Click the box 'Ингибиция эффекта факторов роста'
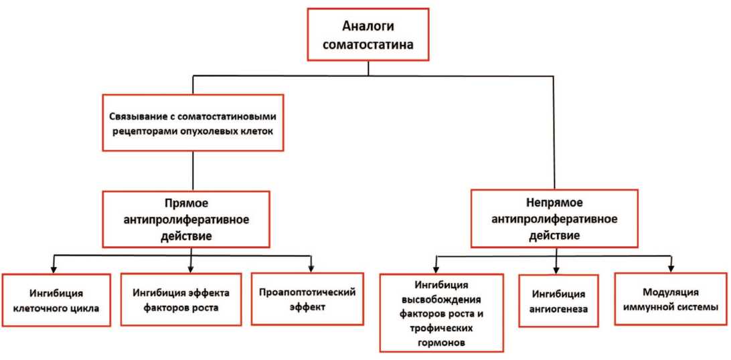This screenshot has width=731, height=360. [x=181, y=299]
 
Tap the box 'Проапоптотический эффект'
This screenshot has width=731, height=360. [x=306, y=298]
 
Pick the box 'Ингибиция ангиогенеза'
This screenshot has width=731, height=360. [x=555, y=301]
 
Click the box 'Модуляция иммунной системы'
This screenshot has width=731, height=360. [x=670, y=299]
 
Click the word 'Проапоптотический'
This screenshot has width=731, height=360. [x=306, y=292]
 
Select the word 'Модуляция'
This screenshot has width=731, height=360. [x=670, y=292]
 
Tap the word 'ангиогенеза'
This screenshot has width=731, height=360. [x=555, y=309]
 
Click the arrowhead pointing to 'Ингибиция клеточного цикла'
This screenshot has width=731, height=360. [x=55, y=269]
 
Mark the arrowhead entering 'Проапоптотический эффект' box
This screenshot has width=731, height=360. [x=312, y=269]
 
